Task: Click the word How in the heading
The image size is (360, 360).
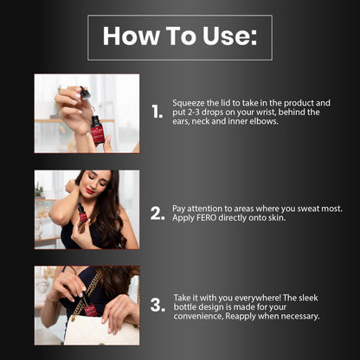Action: pos(132,36)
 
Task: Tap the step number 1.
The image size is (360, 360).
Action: pos(157,112)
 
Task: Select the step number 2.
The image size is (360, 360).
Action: pos(157,214)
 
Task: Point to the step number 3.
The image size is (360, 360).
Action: pos(157,305)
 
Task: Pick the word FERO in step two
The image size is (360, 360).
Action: pos(206,217)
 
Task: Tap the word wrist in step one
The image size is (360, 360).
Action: pos(266,112)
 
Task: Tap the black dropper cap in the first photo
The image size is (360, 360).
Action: pos(85,93)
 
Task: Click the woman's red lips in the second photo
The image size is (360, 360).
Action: pos(90,191)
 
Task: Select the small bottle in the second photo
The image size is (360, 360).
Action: pos(82,213)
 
